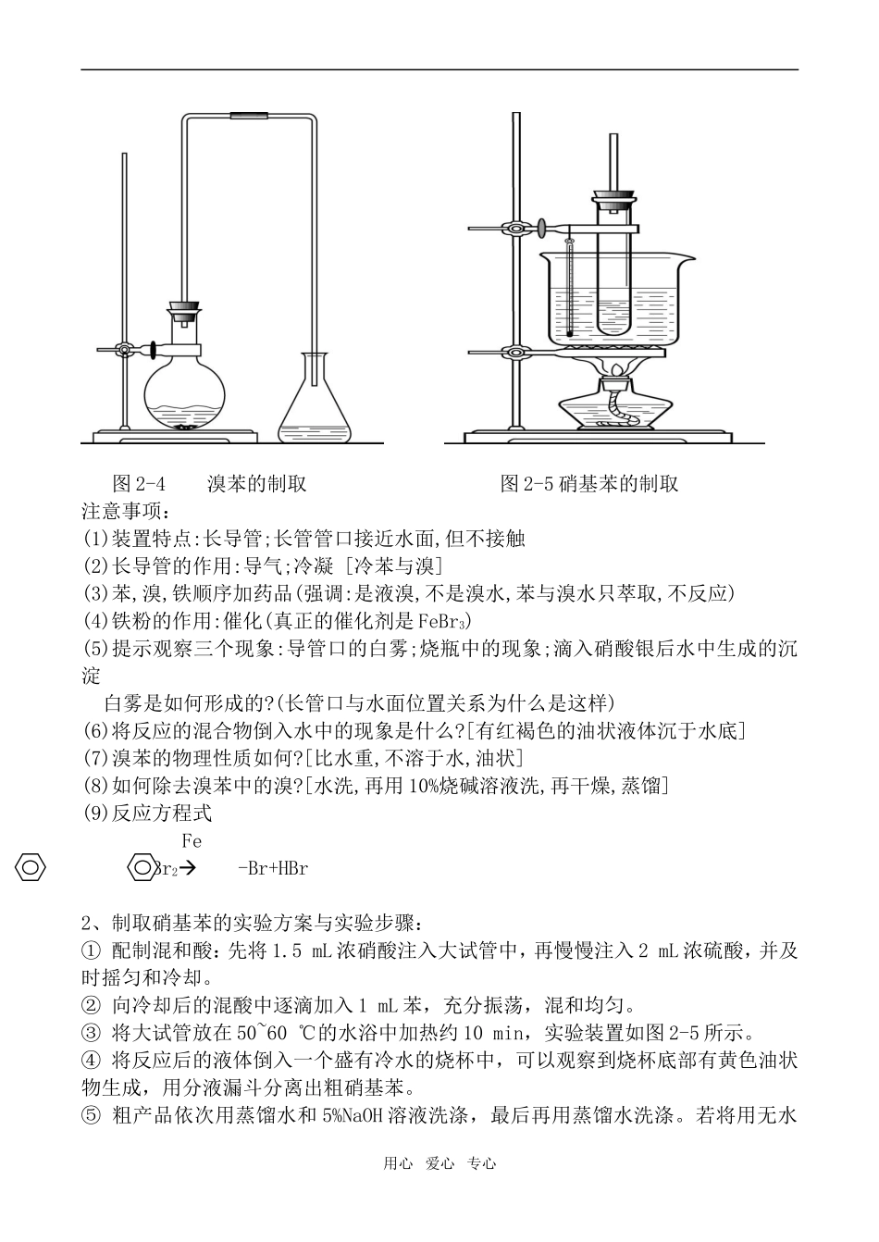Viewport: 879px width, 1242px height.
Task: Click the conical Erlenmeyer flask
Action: click(316, 407)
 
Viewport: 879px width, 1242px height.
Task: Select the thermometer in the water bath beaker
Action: click(571, 287)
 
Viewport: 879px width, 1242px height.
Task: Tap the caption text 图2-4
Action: click(138, 483)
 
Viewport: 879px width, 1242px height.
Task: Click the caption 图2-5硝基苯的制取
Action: click(589, 483)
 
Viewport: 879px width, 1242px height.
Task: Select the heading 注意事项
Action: click(120, 511)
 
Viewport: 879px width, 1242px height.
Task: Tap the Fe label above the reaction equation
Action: click(192, 841)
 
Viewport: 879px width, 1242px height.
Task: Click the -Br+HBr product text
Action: click(272, 868)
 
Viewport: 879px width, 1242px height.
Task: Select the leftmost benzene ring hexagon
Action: click(31, 868)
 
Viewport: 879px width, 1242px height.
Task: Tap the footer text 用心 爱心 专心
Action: click(439, 1163)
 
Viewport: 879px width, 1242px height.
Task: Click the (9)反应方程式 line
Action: click(147, 814)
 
